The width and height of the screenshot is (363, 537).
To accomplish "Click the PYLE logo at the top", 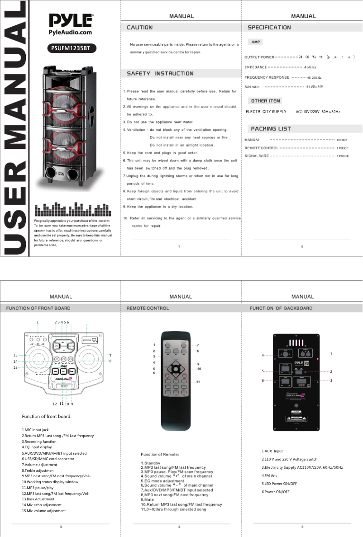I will pyautogui.click(x=71, y=21).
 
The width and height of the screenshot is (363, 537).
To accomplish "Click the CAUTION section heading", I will pyautogui.click(x=139, y=28).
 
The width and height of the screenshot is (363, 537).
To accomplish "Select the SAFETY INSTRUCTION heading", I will pyautogui.click(x=160, y=73).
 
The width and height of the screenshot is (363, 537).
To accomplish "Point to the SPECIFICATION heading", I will pyautogui.click(x=269, y=28).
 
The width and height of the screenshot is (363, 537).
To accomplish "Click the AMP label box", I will pyautogui.click(x=255, y=42).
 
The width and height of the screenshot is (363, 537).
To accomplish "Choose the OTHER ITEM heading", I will pyautogui.click(x=266, y=101).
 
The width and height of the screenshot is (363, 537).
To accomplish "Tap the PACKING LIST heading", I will pyautogui.click(x=271, y=129).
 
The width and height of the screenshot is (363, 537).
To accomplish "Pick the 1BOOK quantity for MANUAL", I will pyautogui.click(x=342, y=140).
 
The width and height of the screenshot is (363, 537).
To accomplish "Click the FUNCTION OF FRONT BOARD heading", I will pyautogui.click(x=38, y=308).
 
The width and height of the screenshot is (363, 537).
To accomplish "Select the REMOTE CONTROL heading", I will pyautogui.click(x=148, y=308).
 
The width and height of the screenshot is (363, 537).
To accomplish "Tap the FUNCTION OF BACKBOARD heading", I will pyautogui.click(x=281, y=308).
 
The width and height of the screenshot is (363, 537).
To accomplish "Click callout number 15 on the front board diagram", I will pyautogui.click(x=15, y=355).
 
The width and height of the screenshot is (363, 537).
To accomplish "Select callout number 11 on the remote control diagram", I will pyautogui.click(x=198, y=382).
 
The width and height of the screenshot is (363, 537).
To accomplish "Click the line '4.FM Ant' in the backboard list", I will pyautogui.click(x=269, y=475).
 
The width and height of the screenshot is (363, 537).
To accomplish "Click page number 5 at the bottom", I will pyautogui.click(x=302, y=527).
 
